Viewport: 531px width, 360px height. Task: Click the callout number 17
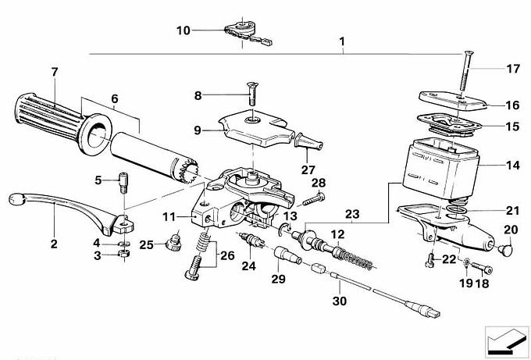click(x=512, y=69)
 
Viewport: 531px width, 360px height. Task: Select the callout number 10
click(x=183, y=30)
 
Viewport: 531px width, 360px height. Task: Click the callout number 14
click(x=512, y=166)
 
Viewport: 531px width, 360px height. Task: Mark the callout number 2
click(x=54, y=244)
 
